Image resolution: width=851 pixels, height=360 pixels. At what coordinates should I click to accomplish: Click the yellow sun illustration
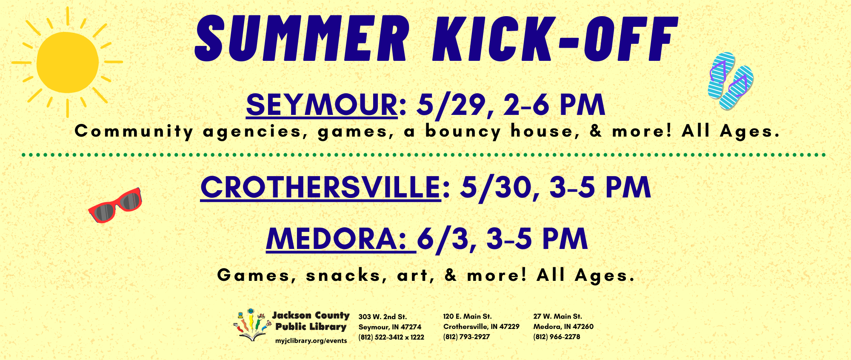click(67, 62)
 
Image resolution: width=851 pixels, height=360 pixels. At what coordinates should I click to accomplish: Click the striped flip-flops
click(730, 81)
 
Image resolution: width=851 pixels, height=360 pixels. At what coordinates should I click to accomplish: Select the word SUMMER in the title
click(302, 39)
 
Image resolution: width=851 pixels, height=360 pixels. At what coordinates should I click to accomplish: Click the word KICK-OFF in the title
click(554, 39)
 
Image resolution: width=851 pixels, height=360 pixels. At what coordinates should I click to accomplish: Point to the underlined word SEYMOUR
click(322, 105)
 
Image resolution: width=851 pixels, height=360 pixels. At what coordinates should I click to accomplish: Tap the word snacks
click(343, 275)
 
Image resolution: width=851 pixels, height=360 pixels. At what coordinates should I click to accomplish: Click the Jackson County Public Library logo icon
click(252, 325)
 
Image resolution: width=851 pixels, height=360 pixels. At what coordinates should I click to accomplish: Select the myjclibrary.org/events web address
click(311, 341)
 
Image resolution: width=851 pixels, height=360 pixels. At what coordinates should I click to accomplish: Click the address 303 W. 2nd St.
click(383, 317)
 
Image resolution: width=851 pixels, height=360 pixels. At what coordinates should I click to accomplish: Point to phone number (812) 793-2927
click(466, 337)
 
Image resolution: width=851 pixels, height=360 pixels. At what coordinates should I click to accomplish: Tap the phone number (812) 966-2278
click(557, 337)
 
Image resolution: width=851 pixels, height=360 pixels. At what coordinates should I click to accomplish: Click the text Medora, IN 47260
click(563, 326)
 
